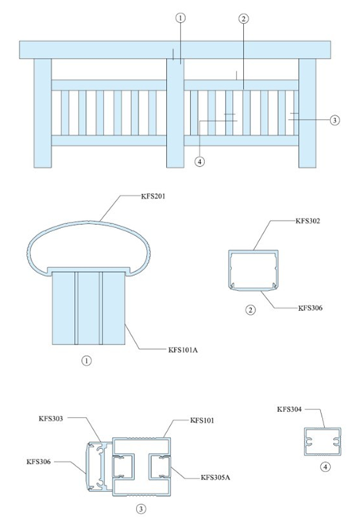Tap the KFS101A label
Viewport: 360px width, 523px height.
183,348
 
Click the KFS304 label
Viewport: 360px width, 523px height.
290,409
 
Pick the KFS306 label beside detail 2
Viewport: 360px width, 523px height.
312,307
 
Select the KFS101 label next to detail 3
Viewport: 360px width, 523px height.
204,419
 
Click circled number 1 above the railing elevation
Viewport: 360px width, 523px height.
180,17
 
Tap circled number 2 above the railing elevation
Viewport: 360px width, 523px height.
243,17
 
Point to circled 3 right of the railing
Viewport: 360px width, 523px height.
335,120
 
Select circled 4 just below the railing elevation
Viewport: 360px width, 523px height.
199,162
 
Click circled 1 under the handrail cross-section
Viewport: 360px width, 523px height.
87,360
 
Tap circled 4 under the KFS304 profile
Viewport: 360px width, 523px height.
325,467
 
